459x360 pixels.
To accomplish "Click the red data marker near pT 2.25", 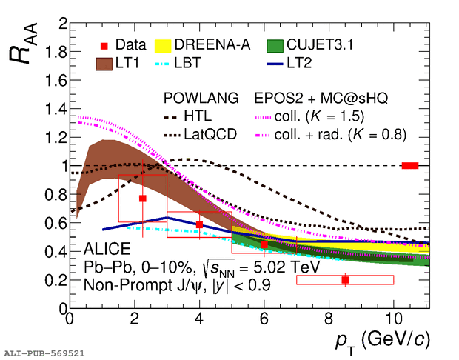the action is (143, 199).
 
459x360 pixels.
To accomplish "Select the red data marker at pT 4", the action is (199, 224).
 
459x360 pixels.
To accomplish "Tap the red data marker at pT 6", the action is (264, 244).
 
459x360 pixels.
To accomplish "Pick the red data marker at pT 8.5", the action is (345, 280).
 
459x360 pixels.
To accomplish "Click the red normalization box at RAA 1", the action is (410, 166).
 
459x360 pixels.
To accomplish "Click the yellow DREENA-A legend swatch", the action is (163, 46).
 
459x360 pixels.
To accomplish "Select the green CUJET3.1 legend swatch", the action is (275, 46).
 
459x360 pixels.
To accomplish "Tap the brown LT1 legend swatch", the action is (104, 64).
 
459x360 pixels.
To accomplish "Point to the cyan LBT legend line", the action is (162, 64).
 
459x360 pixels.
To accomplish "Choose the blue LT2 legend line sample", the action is (275, 64).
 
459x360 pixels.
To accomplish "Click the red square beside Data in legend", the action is (104, 46).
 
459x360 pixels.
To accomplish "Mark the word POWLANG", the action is (201, 98).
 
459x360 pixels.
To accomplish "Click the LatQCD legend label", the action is (210, 135).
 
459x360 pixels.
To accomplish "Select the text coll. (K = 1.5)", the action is (319, 116).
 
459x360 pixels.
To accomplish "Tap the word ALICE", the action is (107, 249).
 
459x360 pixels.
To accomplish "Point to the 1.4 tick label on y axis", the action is (56, 110).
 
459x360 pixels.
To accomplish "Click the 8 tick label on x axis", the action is (329, 319).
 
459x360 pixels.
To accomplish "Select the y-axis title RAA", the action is (24, 43).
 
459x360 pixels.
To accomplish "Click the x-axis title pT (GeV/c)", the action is (383, 341).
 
